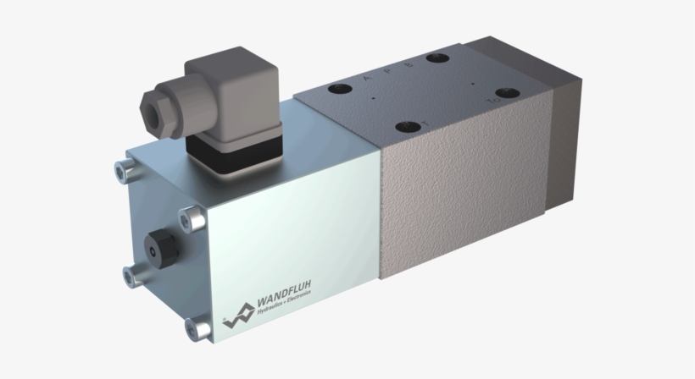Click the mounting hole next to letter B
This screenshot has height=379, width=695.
coord(438,58)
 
